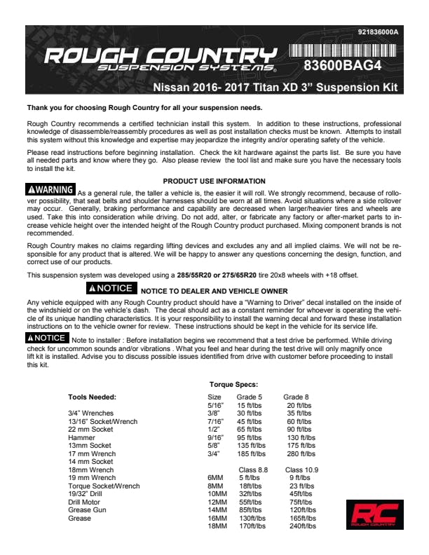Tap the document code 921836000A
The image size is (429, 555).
[378, 32]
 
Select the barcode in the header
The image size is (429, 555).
[341, 50]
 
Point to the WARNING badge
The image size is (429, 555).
[50, 190]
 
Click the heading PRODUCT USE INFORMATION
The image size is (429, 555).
[214, 181]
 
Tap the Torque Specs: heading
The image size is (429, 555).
[233, 385]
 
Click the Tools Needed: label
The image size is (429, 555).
[92, 397]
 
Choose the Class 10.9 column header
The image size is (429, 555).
[301, 470]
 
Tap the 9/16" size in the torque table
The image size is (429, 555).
[215, 437]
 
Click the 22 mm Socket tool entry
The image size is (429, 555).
[90, 430]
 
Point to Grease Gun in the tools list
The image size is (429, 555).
[88, 511]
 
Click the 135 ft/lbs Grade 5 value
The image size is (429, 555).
[251, 445]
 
